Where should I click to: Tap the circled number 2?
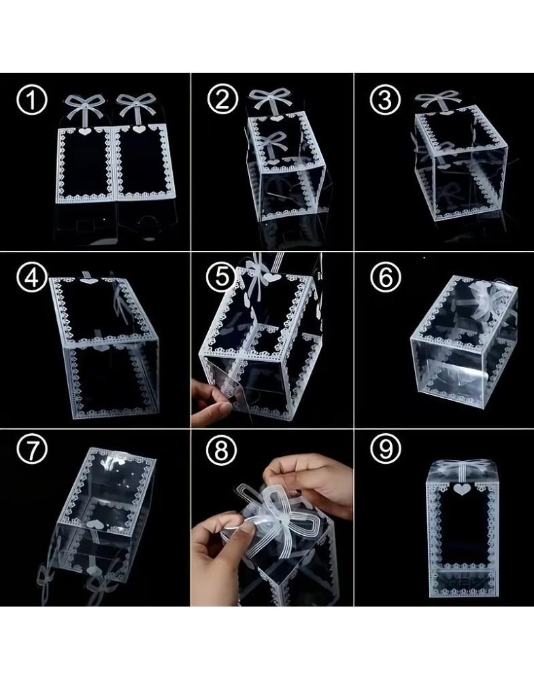(x=222, y=99)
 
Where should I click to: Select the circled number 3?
(x=385, y=99)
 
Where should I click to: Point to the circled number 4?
(x=31, y=277)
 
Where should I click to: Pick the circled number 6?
(x=386, y=277)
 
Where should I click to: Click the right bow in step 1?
(x=138, y=106)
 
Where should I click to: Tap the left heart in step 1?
(x=86, y=130)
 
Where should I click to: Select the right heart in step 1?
(x=139, y=129)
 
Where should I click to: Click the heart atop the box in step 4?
(x=89, y=281)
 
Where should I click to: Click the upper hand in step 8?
(x=309, y=479)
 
